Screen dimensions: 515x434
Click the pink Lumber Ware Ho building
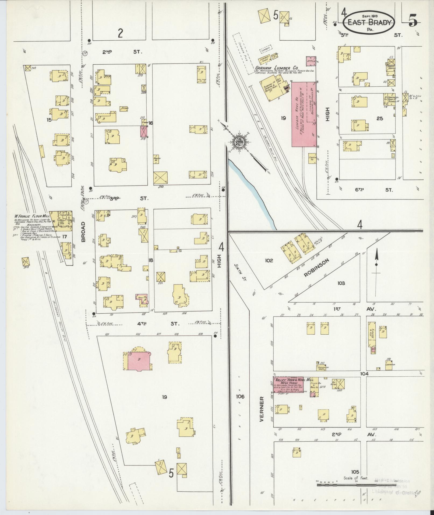click(x=304, y=114)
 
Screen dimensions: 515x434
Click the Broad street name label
click(x=83, y=232)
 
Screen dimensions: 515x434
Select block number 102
click(x=269, y=260)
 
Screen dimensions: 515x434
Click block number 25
click(x=380, y=118)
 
